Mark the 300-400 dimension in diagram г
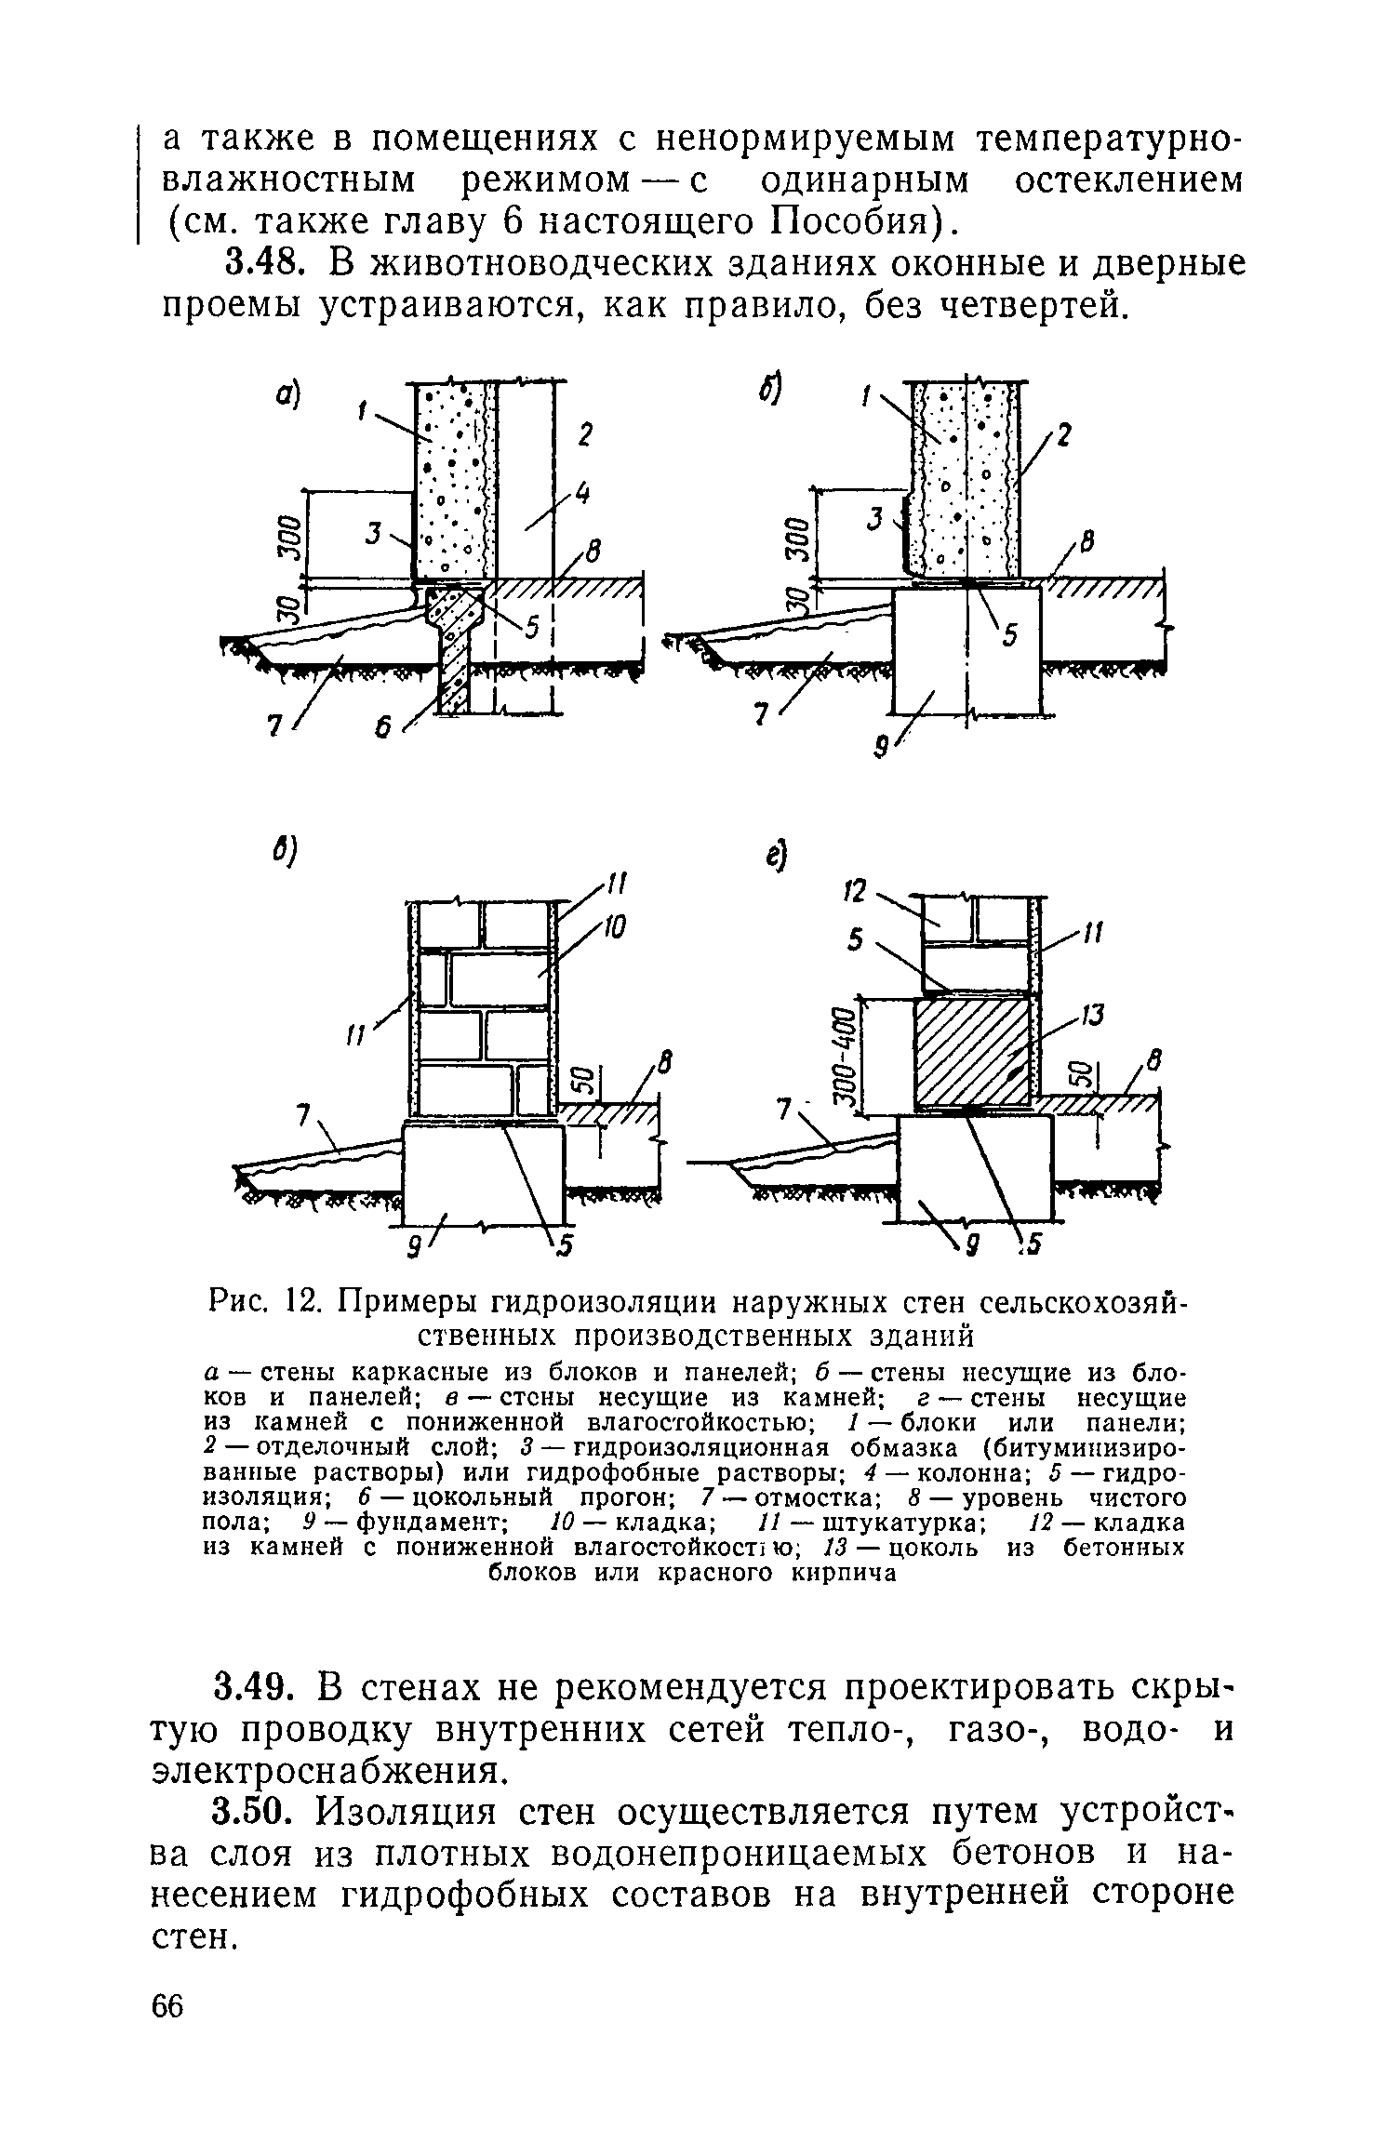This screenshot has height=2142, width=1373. point(844,1056)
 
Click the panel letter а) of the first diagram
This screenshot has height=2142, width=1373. point(287,397)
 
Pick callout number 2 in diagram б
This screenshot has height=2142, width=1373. point(1064,436)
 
